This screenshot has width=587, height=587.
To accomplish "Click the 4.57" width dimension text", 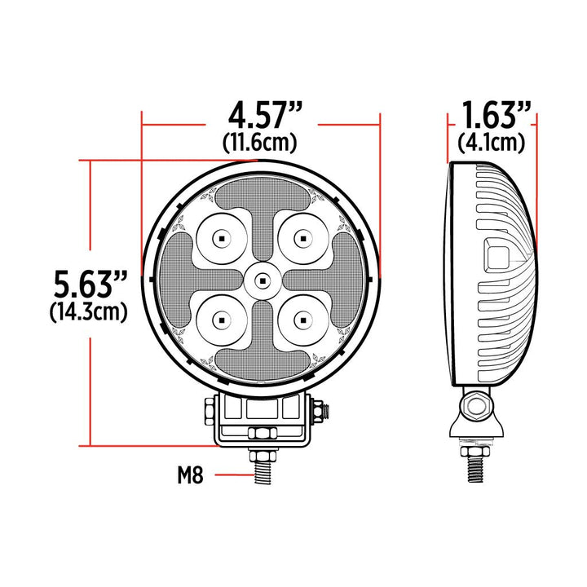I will pos(260,113).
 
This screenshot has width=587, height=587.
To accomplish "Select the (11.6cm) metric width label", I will pos(259,142).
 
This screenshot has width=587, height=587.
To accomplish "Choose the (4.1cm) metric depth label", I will pos(491,142).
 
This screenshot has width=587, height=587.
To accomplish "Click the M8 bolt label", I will pos(190,474).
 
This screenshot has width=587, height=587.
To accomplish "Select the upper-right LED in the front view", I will pos(302,239).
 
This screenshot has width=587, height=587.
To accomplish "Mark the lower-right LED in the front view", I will pos(302,320).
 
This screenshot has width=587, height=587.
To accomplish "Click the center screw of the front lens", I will pos(261,280).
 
